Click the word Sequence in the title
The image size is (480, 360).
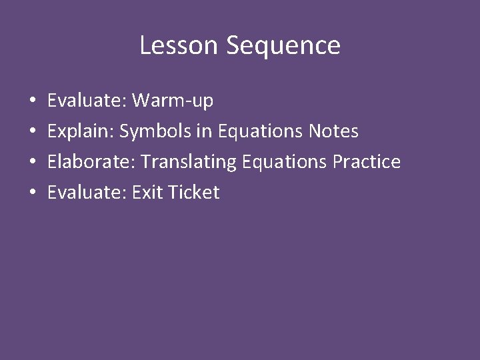283,45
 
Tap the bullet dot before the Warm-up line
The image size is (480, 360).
33,101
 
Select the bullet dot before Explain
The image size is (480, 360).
33,132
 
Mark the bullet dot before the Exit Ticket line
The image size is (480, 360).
33,193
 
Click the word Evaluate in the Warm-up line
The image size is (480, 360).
87,101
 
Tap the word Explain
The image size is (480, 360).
81,132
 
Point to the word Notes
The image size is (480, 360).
333,131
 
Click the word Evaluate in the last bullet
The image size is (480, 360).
87,193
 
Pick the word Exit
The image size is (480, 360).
147,193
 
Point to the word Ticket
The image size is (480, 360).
193,193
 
